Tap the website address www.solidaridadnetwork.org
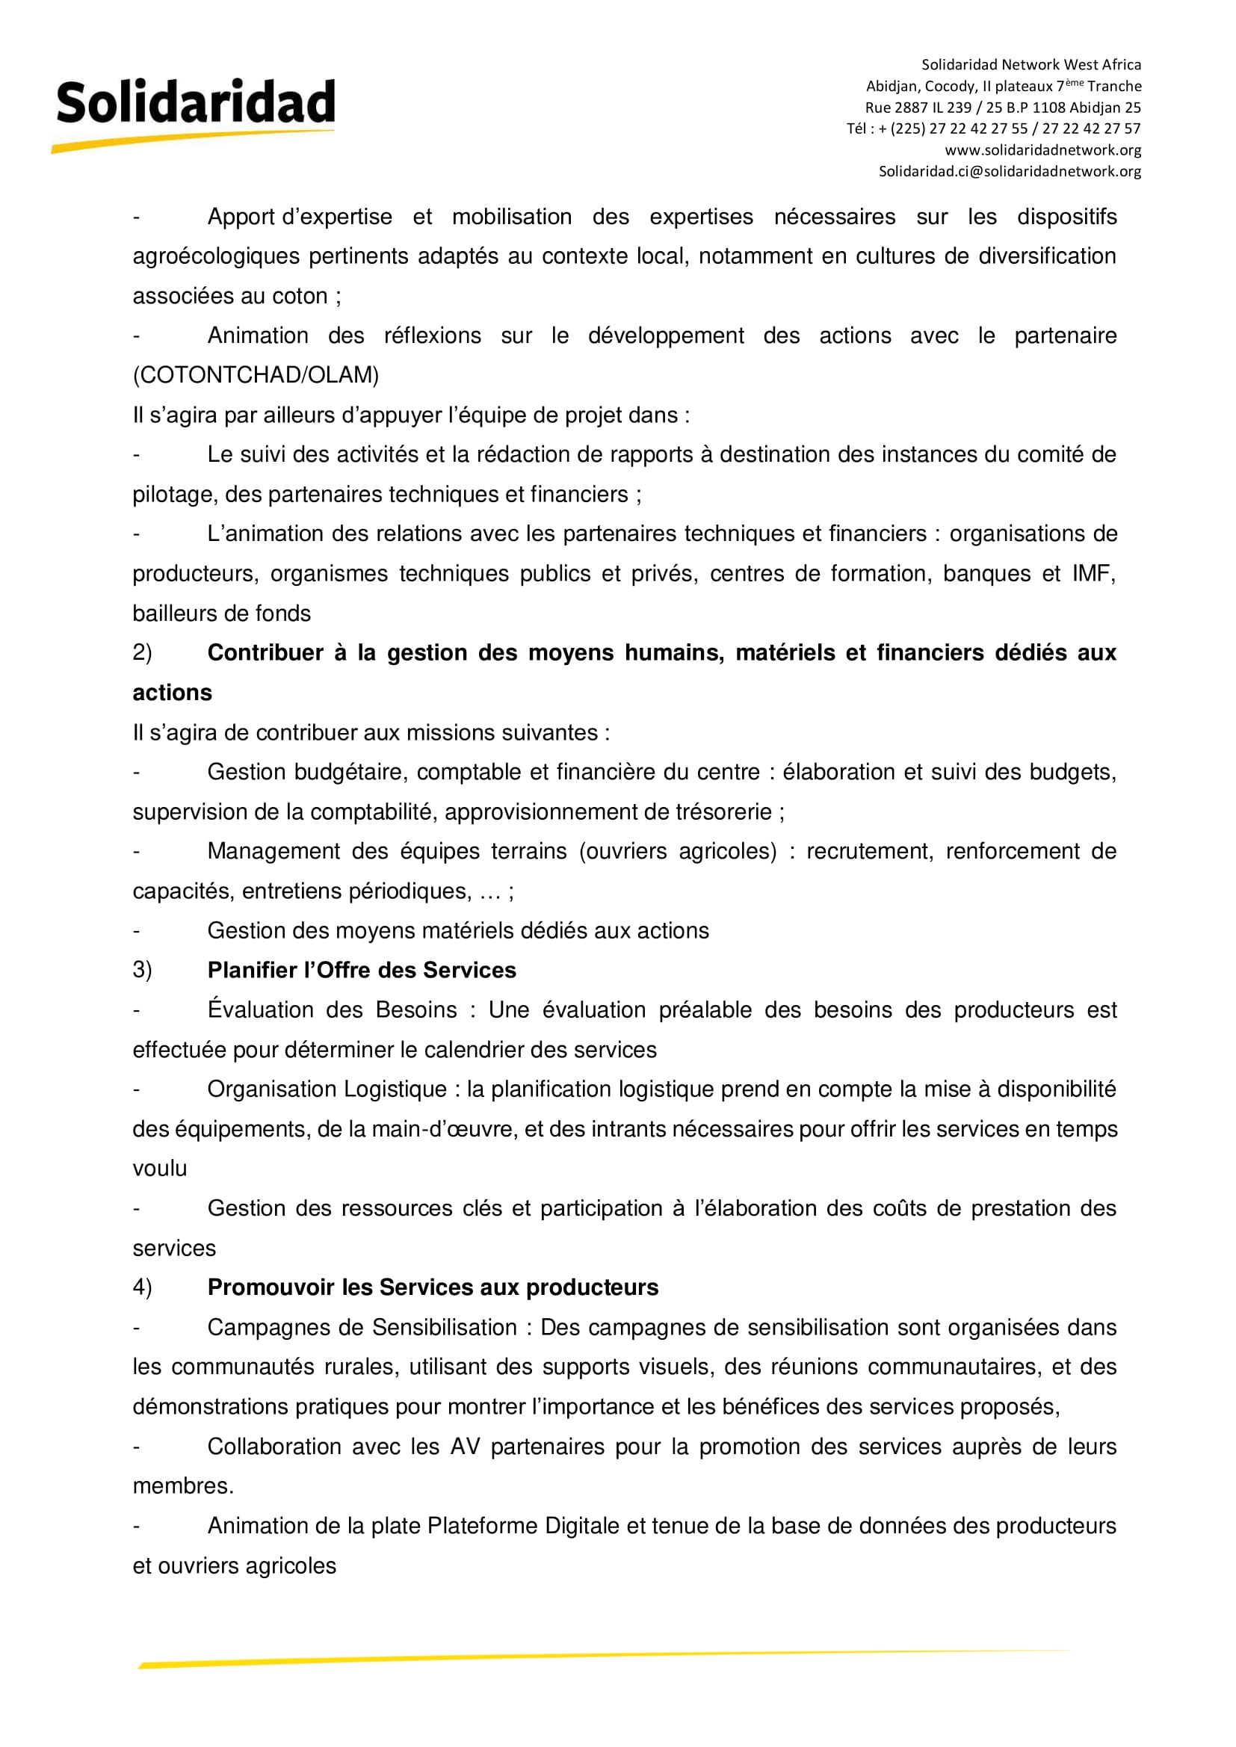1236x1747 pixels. coord(1042,150)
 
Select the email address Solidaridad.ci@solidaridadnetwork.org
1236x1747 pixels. coord(1010,171)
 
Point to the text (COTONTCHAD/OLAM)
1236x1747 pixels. coord(256,375)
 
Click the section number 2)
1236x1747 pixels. coord(142,653)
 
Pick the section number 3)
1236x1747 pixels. coord(142,970)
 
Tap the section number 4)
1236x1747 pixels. coord(142,1287)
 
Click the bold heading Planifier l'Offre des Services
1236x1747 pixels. coord(362,970)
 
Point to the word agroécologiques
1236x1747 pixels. coord(216,256)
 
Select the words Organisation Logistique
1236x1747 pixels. coord(327,1089)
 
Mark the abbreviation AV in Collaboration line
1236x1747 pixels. coord(465,1447)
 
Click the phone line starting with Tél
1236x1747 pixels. coord(993,129)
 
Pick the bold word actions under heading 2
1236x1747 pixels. coord(172,693)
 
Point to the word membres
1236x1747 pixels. coord(182,1486)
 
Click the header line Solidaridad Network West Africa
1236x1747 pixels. coord(1031,65)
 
